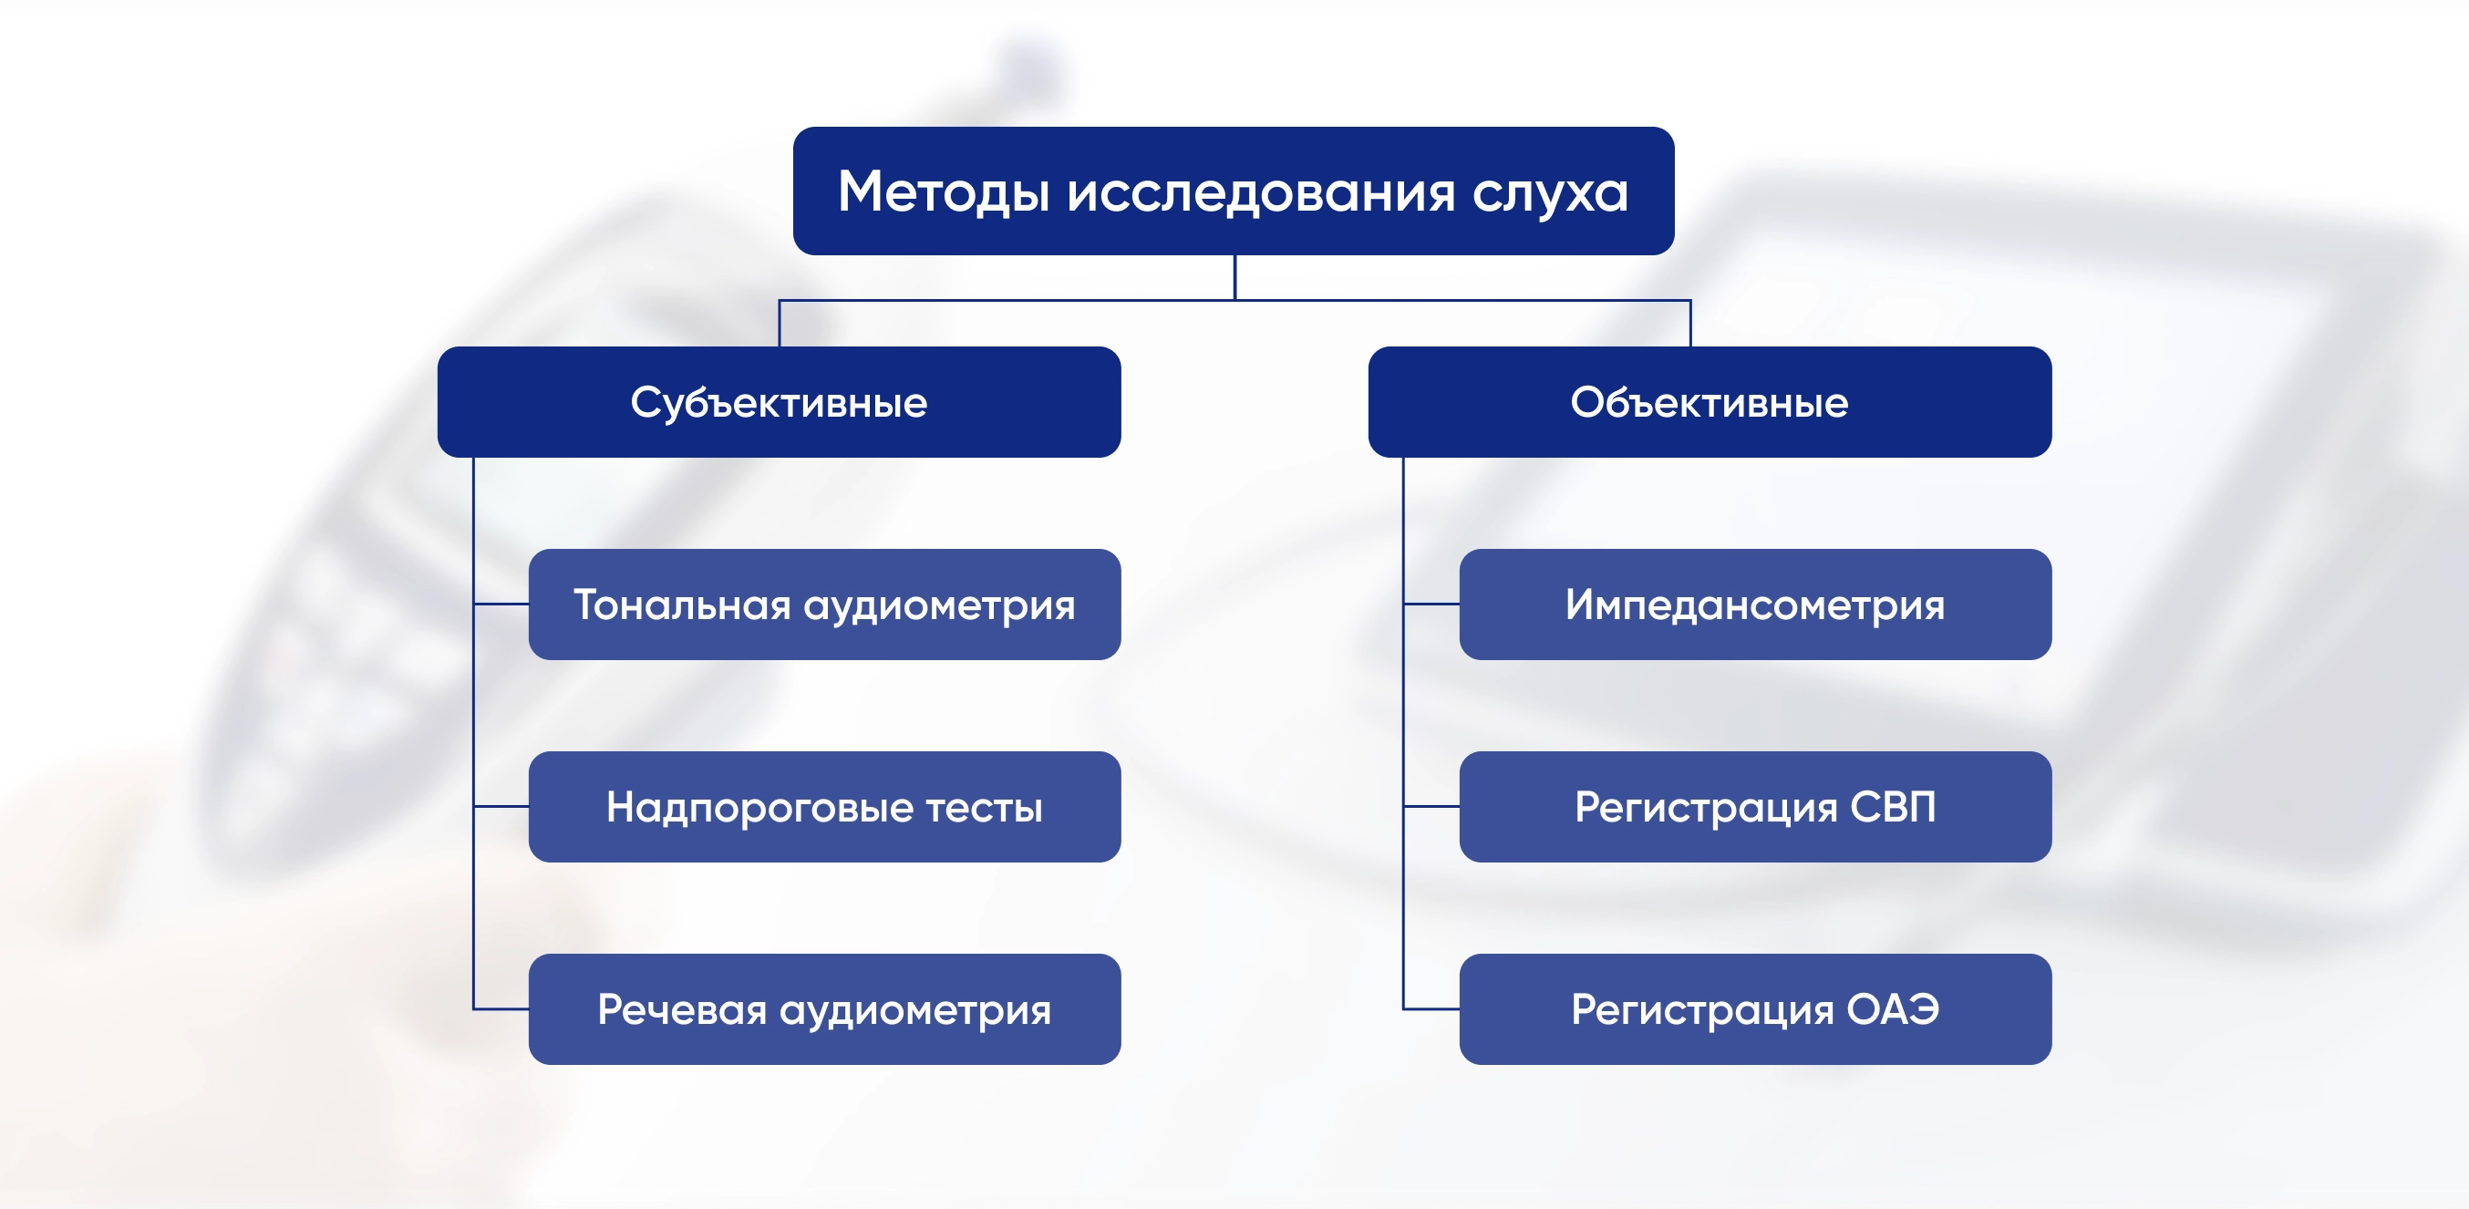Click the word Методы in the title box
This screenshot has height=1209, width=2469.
point(943,191)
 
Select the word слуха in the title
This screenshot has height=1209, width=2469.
point(1550,192)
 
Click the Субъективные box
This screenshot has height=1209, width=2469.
point(780,402)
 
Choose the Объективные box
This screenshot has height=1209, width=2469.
point(1710,402)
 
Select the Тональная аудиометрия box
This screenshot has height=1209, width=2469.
point(825,604)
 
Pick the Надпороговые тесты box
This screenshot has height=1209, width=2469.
point(825,806)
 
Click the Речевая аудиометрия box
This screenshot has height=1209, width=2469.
point(825,1008)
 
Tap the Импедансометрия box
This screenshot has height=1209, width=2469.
point(1756,604)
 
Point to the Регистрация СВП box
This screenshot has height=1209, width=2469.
point(1756,806)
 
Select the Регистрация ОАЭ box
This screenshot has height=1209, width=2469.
point(1756,1008)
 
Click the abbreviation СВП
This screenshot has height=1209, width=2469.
point(1893,806)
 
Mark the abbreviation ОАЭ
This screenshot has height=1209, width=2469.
point(1893,1008)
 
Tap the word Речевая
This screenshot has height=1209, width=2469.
point(682,1009)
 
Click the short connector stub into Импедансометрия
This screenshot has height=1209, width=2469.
point(1432,604)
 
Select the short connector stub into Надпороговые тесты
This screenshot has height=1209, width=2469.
point(501,806)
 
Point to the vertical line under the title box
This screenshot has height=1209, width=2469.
point(1234,277)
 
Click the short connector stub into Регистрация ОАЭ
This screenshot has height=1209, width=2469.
point(1432,1008)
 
